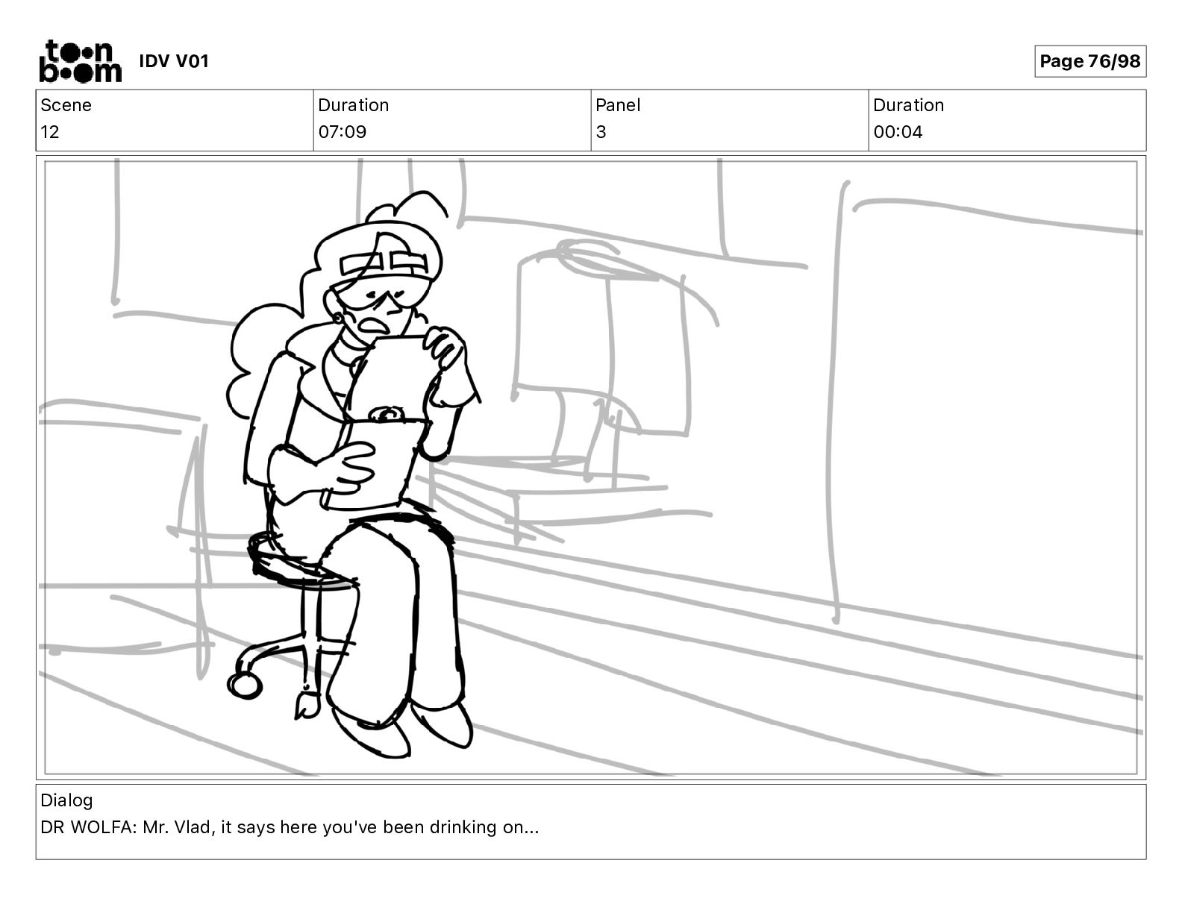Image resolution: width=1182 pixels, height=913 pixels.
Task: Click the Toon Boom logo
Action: [x=81, y=61]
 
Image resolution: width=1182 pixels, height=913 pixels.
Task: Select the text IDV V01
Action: [x=174, y=61]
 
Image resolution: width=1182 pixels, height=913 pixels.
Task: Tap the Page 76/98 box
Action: [x=1089, y=61]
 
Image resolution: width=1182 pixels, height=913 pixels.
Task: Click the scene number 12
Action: [x=49, y=132]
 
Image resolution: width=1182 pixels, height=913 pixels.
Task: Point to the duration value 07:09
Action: [x=343, y=132]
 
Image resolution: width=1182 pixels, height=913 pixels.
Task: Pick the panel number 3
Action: [x=601, y=132]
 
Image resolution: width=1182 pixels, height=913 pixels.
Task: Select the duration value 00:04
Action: [x=898, y=132]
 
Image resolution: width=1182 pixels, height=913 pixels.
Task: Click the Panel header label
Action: [x=618, y=105]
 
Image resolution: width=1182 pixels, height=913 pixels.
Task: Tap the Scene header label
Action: [x=66, y=105]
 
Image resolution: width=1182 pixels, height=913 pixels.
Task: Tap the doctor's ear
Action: [x=340, y=317]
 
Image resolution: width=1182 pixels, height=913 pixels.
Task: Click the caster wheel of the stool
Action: [x=244, y=685]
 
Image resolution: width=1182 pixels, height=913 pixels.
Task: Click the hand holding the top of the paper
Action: [x=445, y=345]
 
